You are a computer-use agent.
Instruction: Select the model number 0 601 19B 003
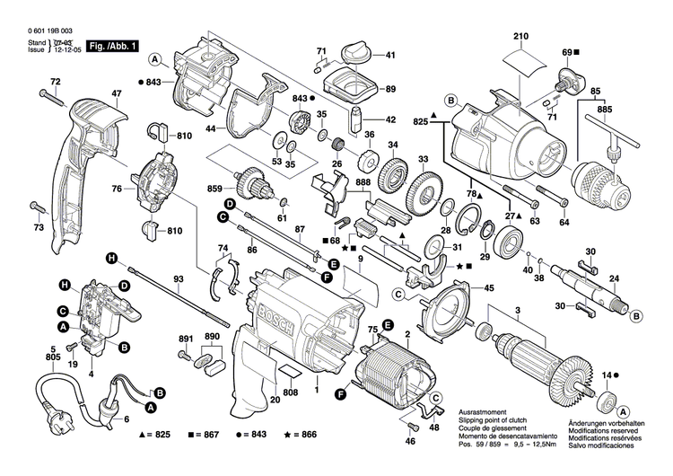click(x=44, y=31)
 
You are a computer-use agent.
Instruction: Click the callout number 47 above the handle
click(x=116, y=94)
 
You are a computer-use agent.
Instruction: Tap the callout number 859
click(x=214, y=190)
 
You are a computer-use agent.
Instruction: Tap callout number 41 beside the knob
click(x=389, y=56)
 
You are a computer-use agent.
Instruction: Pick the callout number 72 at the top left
click(x=55, y=83)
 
